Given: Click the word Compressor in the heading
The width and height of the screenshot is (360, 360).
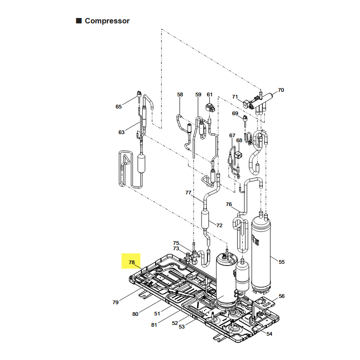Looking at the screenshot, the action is (x=107, y=21).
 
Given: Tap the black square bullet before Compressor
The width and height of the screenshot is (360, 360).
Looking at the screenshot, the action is (x=79, y=21).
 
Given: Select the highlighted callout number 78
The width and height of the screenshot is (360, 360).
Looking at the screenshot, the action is (x=132, y=262).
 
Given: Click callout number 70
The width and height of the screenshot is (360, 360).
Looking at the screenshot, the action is (x=281, y=90).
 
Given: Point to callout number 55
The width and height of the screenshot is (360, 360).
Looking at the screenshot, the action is (x=282, y=262).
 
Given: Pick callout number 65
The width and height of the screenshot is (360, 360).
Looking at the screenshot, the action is (x=119, y=107).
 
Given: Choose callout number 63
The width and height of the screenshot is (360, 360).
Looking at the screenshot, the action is (x=121, y=132).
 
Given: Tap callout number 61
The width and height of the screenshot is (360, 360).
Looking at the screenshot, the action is (x=210, y=94).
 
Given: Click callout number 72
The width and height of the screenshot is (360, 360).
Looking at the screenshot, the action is (x=220, y=225).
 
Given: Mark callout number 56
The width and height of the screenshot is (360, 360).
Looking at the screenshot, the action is (x=282, y=296).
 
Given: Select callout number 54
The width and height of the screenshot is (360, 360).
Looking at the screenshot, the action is (x=269, y=334).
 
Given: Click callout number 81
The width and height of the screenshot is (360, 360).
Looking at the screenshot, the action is (x=154, y=325).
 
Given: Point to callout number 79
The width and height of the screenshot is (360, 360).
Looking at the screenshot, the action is (x=116, y=302).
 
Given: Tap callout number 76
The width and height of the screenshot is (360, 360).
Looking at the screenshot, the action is (x=229, y=204).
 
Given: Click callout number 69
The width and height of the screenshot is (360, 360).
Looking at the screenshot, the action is (x=235, y=113).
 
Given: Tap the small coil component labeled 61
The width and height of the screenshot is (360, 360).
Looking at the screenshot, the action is (x=210, y=107).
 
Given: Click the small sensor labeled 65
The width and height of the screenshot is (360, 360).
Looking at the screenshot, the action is (x=139, y=94).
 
